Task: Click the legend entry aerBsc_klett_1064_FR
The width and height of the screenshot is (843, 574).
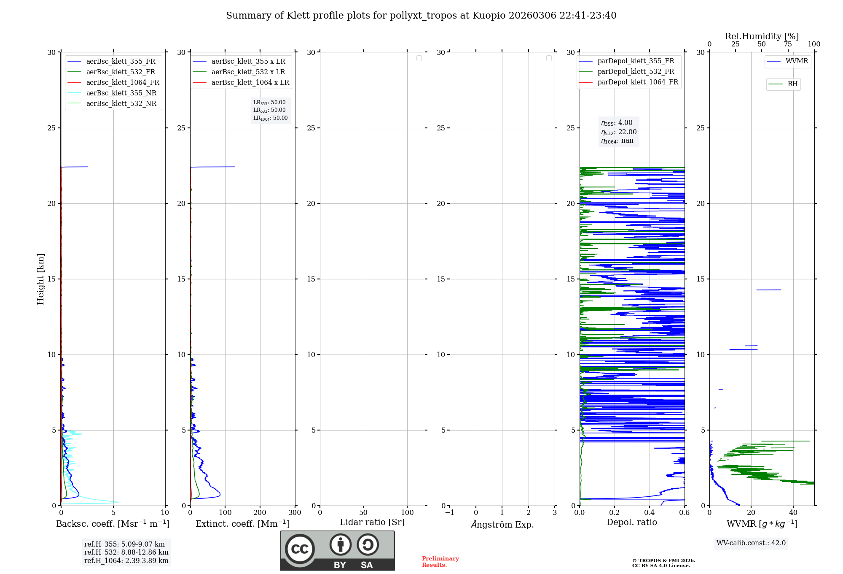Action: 122,83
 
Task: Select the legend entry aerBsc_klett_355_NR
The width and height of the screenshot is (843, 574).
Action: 121,93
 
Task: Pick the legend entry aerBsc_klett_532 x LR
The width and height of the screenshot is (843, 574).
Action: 248,72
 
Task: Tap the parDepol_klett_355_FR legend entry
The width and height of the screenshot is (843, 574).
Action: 636,61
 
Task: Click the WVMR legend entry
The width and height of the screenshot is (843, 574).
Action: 797,61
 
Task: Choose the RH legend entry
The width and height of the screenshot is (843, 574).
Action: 792,84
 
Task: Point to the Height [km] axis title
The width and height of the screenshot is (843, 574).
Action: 40,279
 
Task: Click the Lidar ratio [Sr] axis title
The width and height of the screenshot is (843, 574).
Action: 372,523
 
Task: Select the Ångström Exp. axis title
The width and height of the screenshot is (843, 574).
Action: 502,524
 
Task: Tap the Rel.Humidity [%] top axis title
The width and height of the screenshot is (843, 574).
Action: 762,36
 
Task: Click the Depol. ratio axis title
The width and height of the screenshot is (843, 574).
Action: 631,523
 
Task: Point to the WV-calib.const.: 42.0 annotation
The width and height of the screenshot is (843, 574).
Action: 751,543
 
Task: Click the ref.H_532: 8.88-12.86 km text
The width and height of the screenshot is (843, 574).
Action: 126,552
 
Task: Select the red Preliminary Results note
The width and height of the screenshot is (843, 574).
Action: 440,562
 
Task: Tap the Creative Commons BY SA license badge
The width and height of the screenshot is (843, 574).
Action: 337,550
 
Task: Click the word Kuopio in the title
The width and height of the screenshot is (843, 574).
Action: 489,16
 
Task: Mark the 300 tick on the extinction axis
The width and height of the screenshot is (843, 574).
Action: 295,513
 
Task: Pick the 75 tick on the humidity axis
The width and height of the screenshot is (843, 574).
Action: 787,44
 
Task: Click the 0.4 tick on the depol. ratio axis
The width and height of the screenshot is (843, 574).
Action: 650,513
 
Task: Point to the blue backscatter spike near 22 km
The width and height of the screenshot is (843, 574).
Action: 76,167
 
